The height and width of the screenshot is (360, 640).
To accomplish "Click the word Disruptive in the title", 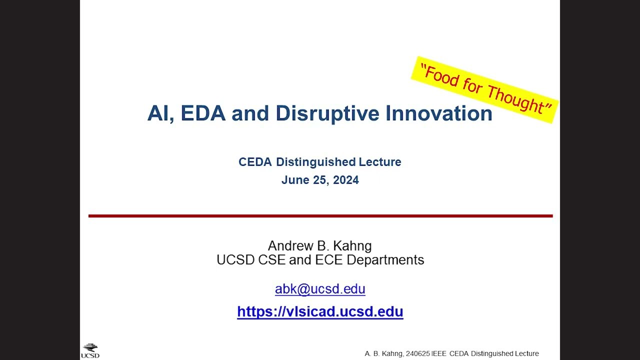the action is [x=327, y=113].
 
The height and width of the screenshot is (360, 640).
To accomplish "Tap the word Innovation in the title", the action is [x=439, y=113].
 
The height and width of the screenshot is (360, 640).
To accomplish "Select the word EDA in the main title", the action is [x=203, y=113].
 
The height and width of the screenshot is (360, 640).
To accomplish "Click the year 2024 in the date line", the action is [x=345, y=180].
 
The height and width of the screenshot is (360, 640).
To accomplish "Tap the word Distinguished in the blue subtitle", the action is [x=315, y=162].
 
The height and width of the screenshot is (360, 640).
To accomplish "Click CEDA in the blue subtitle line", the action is [x=255, y=162].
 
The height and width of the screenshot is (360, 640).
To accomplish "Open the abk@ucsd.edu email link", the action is [x=320, y=289].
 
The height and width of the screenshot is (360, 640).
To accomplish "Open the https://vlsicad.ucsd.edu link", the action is [x=320, y=311].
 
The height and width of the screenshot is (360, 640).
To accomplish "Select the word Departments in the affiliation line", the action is [x=385, y=260].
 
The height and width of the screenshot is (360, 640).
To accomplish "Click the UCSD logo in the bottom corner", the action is [x=90, y=351].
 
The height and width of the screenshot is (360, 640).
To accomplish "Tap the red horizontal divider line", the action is [x=320, y=216].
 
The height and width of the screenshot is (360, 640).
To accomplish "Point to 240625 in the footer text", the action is [x=417, y=353].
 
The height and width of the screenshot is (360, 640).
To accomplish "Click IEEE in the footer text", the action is [x=439, y=353].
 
